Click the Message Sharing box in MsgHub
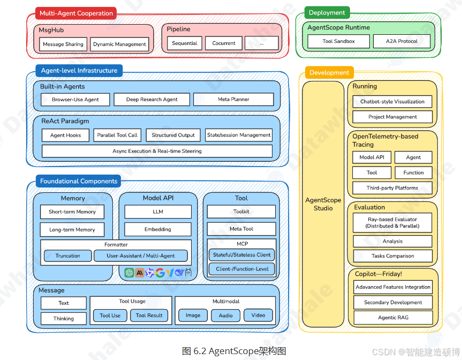tap(63, 44)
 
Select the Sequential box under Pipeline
tap(185, 43)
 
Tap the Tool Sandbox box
tap(339, 41)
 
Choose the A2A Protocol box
tap(402, 41)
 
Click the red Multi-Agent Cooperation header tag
tap(76, 13)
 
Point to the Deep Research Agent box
tap(152, 100)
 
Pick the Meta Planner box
tap(233, 100)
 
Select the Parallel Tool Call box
tap(117, 136)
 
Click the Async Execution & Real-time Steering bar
tap(157, 151)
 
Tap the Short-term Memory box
tap(72, 212)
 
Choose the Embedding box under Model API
tap(158, 229)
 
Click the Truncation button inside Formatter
tap(68, 256)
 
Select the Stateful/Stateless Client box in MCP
tap(241, 255)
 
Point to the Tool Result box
tap(149, 316)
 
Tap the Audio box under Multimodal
tap(225, 316)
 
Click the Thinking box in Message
tap(63, 319)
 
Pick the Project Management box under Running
tap(392, 117)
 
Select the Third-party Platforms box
tap(392, 188)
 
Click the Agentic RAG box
tap(392, 318)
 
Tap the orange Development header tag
tap(329, 73)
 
